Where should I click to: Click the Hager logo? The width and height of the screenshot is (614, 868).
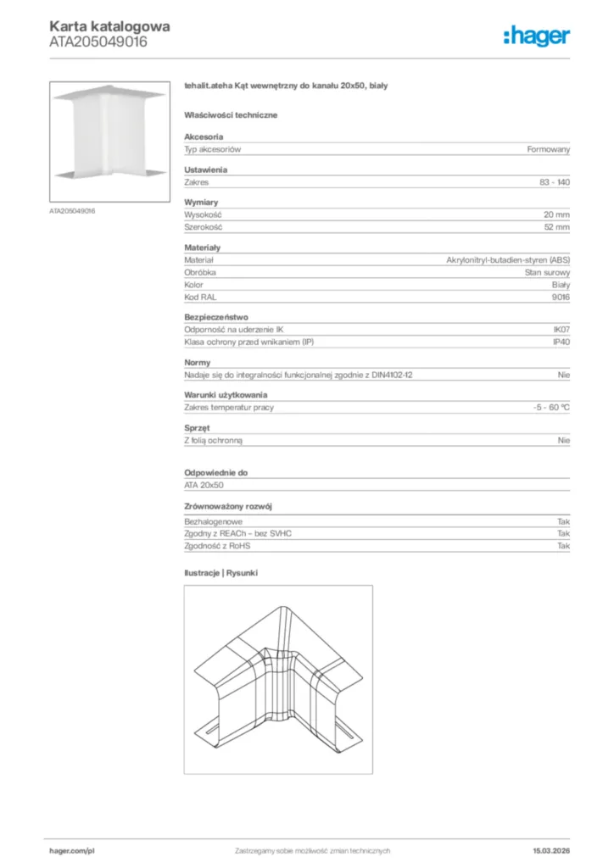536,36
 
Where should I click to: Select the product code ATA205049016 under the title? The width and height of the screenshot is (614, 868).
98,42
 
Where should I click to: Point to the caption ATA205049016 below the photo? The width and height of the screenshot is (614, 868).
72,210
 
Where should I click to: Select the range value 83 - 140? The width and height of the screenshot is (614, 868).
555,182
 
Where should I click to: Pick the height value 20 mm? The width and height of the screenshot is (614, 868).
557,215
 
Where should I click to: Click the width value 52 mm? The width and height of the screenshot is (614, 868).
557,228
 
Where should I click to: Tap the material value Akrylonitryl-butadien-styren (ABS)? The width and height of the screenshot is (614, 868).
508,260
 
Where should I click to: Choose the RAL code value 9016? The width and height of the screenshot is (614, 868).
561,298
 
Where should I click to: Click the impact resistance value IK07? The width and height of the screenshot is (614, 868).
561,329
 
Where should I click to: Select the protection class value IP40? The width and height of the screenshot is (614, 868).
561,342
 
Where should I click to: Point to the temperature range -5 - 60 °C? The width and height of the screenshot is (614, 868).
545,408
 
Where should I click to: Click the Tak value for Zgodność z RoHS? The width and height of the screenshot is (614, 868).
564,546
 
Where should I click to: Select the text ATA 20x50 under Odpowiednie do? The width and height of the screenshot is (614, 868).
204,485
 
